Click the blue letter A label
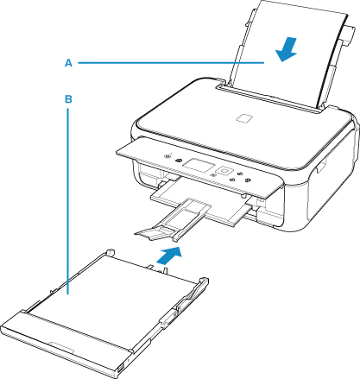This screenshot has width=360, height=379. coord(68,63)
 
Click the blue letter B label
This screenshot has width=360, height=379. coord(68,99)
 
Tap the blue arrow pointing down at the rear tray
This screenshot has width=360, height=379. coord(287,49)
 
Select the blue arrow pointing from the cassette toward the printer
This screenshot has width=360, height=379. coord(169,255)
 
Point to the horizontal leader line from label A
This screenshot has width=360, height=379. coord(171,62)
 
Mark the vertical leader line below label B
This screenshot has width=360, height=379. coord(68,201)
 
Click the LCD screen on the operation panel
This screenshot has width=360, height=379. coord(199,165)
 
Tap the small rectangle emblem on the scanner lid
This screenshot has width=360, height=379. coord(244,118)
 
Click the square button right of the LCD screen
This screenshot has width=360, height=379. coord(224,171)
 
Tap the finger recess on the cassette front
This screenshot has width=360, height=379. coord(62,347)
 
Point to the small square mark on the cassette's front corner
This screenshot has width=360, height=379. coord(120,368)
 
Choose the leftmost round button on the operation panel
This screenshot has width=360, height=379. coord(167,157)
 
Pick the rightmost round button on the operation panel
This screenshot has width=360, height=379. coord(249,180)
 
